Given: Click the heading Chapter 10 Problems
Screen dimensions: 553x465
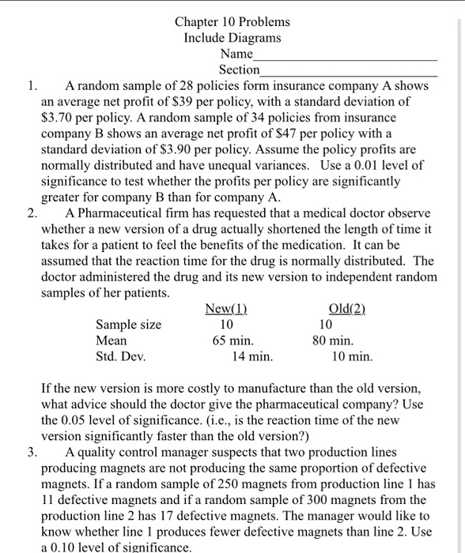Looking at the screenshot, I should pos(232,21).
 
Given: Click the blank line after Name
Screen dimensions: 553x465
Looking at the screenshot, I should pos(345,59).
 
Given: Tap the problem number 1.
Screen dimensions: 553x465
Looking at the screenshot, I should pos(31,85).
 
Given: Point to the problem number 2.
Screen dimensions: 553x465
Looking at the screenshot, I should pos(32,213).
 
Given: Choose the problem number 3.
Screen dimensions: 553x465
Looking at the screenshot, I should pos(32,453).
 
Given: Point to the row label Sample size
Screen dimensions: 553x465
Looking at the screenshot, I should pos(128,325).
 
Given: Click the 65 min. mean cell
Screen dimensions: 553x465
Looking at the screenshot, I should pos(232,340).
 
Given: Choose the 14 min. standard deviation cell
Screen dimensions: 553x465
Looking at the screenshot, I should pos(251,356).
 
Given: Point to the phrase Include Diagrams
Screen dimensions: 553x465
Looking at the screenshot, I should pos(232,37).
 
